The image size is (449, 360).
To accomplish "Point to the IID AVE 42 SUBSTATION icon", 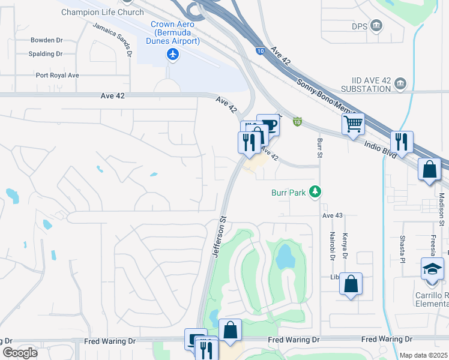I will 401,83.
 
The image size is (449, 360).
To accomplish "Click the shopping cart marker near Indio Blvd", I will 354,124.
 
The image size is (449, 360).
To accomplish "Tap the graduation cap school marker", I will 432,268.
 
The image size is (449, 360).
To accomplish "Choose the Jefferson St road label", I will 218,238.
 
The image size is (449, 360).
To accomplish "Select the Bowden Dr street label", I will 47,41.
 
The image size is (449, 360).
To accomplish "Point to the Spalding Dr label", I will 46,54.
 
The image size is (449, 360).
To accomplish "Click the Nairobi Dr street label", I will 331,246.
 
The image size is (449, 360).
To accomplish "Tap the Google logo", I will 20,353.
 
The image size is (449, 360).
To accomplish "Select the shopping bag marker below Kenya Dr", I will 351,284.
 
